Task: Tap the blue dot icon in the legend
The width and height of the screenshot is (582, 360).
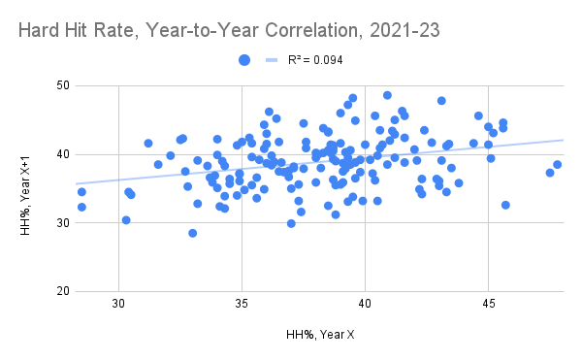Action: click(x=246, y=60)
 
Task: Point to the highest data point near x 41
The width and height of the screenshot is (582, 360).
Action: click(x=387, y=95)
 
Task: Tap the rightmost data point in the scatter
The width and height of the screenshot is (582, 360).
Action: click(x=558, y=165)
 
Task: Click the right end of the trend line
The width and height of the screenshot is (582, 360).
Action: click(x=562, y=140)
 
